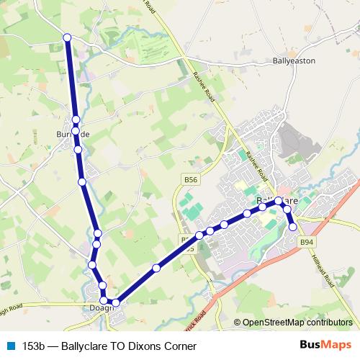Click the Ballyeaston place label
pos(294,61)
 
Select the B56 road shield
pos(190,180)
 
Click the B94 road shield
pos(307,242)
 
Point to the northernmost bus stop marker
pos(68,37)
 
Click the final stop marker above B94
pos(293,227)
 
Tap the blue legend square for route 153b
pos(11,346)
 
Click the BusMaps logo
pos(326,345)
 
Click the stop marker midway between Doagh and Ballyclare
pos(156,269)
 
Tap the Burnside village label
pos(74,135)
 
